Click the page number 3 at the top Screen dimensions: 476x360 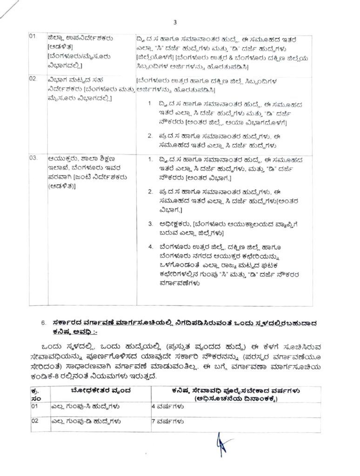click(x=175, y=22)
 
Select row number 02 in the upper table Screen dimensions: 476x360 click(x=33, y=79)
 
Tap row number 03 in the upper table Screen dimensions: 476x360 click(x=33, y=158)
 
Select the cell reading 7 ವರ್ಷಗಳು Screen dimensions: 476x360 click(x=169, y=422)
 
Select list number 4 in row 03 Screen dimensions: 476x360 click(x=150, y=246)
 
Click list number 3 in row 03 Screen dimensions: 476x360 click(x=150, y=224)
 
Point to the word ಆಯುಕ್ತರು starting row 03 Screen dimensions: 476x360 click(x=62, y=158)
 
